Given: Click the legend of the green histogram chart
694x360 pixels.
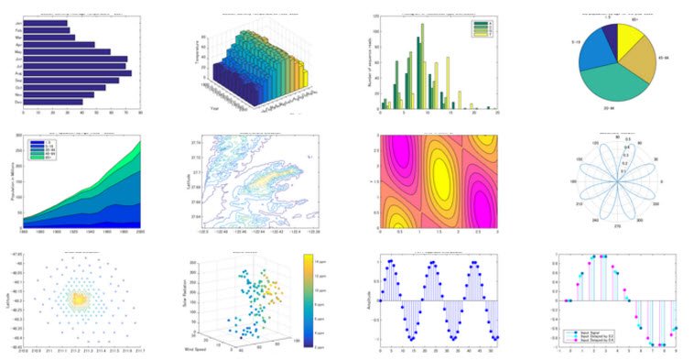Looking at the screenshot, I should (482, 28).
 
